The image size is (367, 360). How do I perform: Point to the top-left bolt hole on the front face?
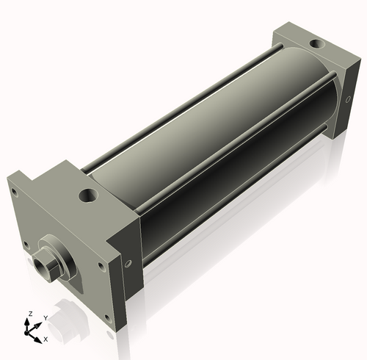14,192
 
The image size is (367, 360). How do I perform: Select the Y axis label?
45,317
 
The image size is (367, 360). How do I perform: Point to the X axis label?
46,339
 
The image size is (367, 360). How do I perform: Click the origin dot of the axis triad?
32,331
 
